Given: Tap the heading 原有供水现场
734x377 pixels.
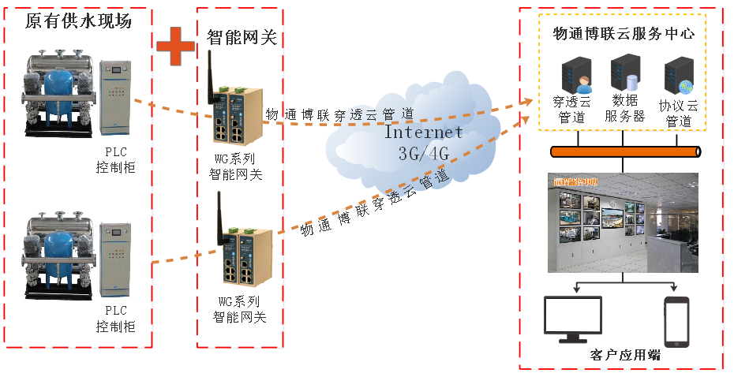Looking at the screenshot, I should click(x=78, y=21).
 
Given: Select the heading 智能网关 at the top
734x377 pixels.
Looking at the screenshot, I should click(x=242, y=37).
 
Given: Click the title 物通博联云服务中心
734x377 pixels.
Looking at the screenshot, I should click(x=623, y=34).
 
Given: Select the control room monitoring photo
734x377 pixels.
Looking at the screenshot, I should click(x=623, y=222).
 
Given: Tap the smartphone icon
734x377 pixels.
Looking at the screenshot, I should click(x=676, y=322).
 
